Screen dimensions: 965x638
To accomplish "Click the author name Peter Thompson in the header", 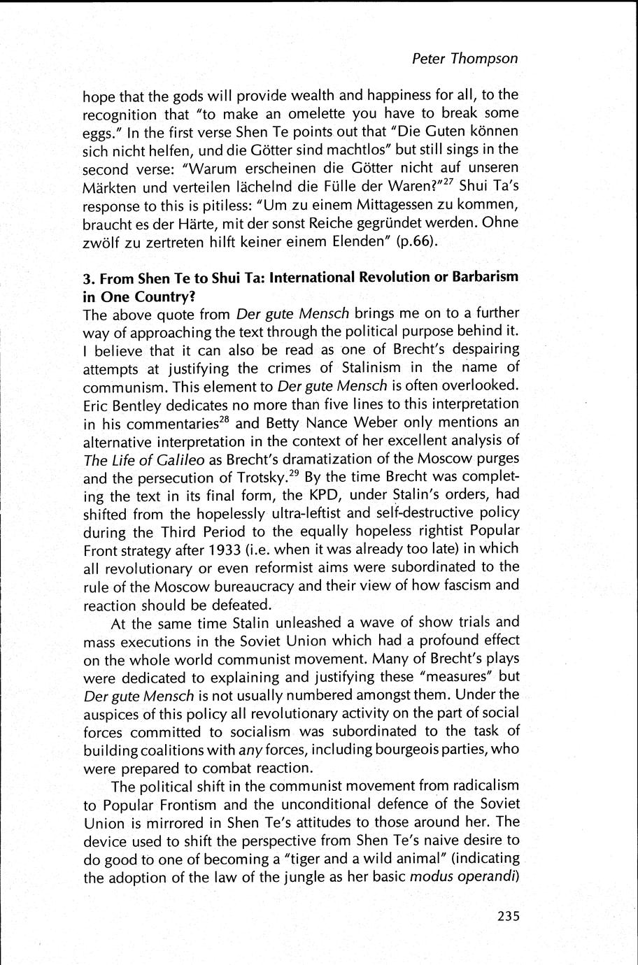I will tap(465, 59).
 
